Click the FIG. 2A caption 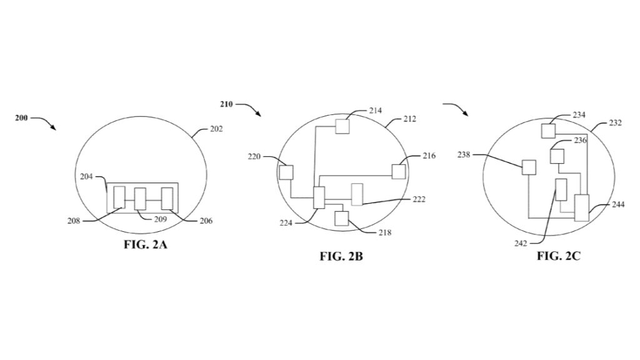(x=145, y=244)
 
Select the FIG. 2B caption (x=341, y=256)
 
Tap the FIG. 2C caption (x=559, y=256)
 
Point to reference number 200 (x=21, y=117)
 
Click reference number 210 (x=226, y=104)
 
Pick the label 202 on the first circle (x=216, y=129)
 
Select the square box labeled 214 (x=342, y=126)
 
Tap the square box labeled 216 (x=399, y=171)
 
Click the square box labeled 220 (x=286, y=172)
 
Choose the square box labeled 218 (x=341, y=218)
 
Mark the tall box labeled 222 (x=357, y=194)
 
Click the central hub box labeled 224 (x=319, y=197)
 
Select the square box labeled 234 (x=548, y=131)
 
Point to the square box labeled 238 (x=529, y=167)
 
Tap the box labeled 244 (x=582, y=207)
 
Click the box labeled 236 (x=557, y=156)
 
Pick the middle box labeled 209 (x=140, y=199)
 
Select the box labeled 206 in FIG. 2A (x=167, y=199)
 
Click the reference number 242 (x=521, y=244)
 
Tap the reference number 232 (x=615, y=123)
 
